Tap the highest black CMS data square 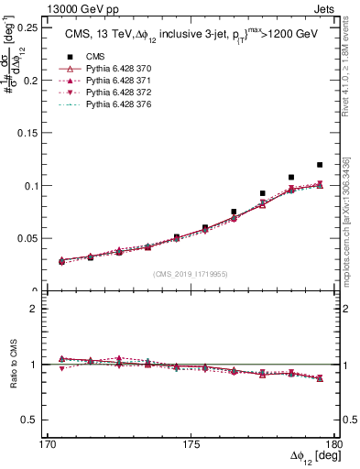coord(320,165)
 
